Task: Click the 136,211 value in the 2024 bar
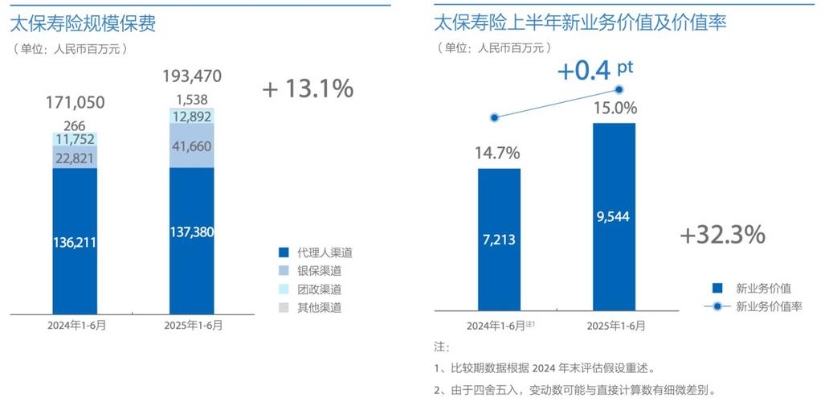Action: [75, 241]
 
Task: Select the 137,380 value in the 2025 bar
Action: [192, 232]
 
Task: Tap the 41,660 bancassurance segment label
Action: [192, 146]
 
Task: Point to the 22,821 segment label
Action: [75, 158]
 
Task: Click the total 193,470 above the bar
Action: [192, 77]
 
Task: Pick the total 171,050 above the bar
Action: [75, 102]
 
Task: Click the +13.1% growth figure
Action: [308, 89]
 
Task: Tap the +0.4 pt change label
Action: [594, 71]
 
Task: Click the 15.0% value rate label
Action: [615, 108]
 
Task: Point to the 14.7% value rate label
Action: [498, 153]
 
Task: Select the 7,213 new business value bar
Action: [499, 239]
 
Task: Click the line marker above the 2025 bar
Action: [619, 90]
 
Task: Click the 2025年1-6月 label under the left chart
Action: [193, 326]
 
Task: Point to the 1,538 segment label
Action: [192, 100]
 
